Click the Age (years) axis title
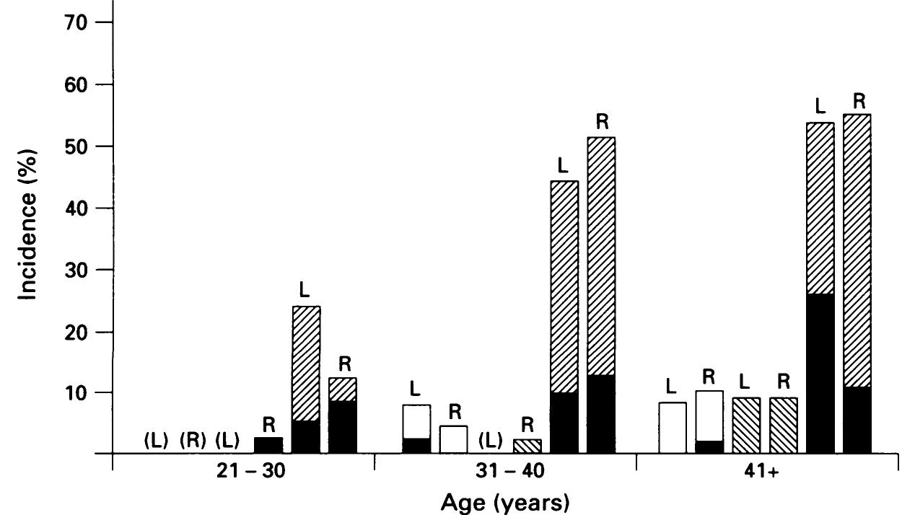(504, 501)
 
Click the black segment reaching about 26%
(820, 373)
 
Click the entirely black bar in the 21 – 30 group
(268, 445)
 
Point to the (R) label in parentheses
(193, 439)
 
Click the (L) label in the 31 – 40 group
(491, 439)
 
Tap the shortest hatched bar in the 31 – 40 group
(527, 446)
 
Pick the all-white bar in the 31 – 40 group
(453, 439)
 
